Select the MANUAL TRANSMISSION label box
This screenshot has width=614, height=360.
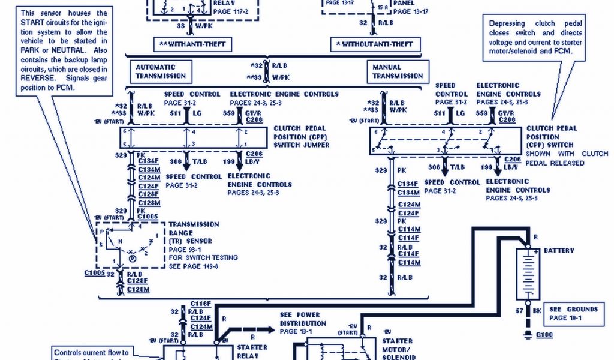click(397, 72)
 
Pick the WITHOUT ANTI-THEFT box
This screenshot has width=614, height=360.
click(375, 45)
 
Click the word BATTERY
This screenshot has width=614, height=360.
click(559, 251)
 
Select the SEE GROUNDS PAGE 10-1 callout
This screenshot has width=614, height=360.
click(574, 313)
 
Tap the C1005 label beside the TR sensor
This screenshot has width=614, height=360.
click(95, 272)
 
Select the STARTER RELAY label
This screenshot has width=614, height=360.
click(252, 351)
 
